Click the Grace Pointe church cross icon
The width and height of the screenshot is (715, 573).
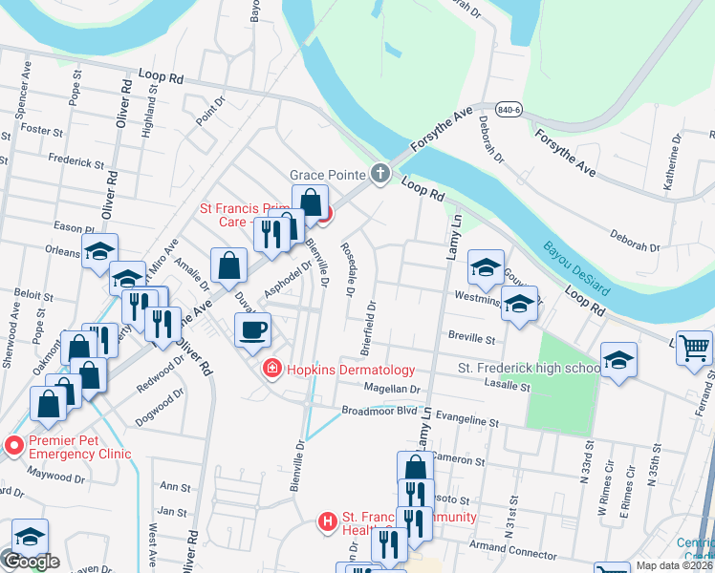click(x=380, y=173)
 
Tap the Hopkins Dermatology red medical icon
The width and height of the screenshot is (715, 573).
click(x=271, y=370)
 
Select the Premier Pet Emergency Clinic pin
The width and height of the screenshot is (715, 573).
click(x=13, y=445)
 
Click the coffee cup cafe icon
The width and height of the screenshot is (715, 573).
click(x=252, y=330)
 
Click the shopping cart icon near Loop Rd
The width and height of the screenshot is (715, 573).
click(x=694, y=348)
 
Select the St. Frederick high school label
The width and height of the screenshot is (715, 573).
click(x=528, y=368)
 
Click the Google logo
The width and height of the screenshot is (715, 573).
click(x=31, y=562)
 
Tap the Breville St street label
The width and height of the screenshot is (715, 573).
click(x=471, y=338)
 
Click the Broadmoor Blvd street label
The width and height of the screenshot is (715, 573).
click(x=379, y=411)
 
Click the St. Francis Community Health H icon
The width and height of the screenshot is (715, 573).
click(x=328, y=520)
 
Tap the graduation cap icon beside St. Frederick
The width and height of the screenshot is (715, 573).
click(x=619, y=361)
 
